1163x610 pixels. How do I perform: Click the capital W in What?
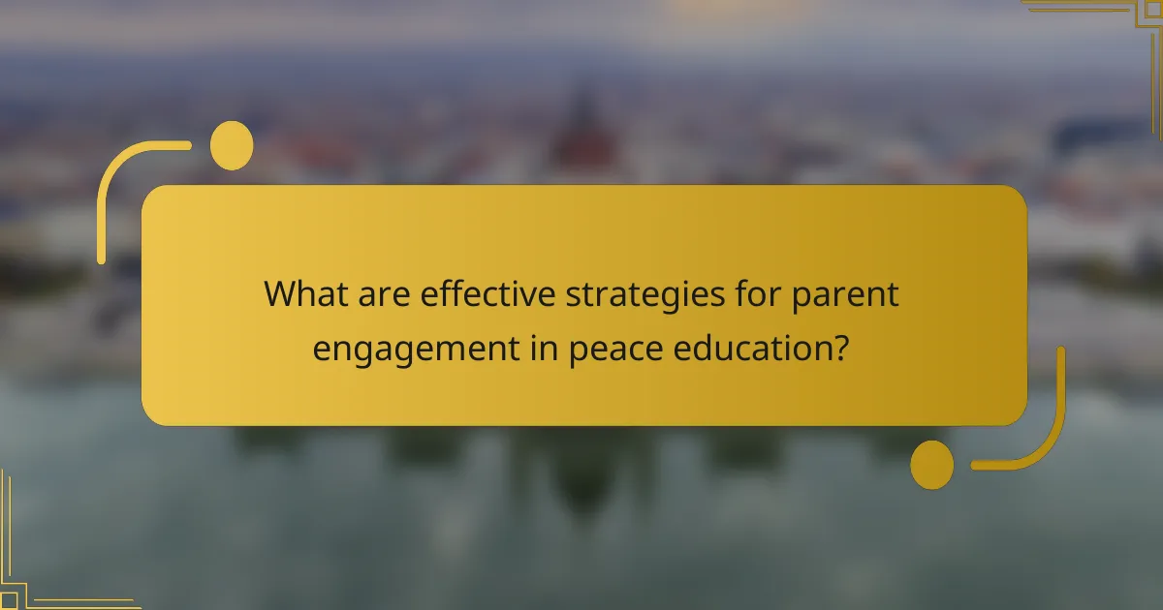[282, 294]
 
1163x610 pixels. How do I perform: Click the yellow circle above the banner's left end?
[232, 145]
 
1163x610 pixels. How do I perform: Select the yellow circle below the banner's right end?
[932, 464]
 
